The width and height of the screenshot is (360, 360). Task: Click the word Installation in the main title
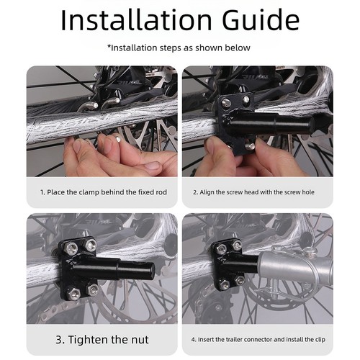coord(136,20)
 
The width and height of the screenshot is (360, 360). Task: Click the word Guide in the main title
coord(261,20)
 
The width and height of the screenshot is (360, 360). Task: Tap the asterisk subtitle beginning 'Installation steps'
coord(179,48)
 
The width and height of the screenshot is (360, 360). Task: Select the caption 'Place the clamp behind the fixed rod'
coord(104,192)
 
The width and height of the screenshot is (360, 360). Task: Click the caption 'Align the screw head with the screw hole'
coord(253,192)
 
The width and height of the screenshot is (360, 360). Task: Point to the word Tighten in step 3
coord(89,340)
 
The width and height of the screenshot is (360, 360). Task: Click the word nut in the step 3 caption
coord(140,340)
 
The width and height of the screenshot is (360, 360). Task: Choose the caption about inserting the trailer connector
coord(258,340)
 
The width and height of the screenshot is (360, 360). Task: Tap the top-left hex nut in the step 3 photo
coord(71,249)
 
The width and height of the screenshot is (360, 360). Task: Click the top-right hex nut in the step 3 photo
coord(91,245)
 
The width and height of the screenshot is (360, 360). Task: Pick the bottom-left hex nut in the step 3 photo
coord(74,292)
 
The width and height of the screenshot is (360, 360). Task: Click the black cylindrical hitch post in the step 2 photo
coord(271,124)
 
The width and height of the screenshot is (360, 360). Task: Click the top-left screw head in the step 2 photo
coord(225,103)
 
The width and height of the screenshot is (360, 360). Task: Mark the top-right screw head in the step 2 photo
coord(246,99)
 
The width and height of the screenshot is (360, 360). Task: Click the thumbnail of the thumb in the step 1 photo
coord(151,166)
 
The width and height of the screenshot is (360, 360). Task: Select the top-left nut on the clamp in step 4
coord(221,249)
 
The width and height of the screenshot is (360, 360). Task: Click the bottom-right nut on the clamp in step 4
coord(240,280)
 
